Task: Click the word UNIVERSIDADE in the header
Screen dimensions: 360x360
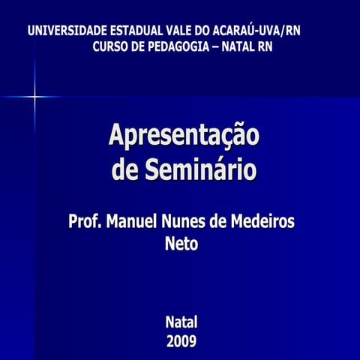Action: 67,31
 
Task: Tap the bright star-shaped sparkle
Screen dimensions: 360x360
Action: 34,97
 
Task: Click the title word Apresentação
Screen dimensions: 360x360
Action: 184,136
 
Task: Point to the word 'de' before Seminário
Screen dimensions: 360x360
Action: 125,169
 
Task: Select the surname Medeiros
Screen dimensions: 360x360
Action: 265,222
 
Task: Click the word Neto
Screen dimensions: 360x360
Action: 181,243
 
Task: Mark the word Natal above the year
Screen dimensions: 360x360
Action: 181,322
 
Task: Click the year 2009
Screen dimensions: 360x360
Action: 181,342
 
